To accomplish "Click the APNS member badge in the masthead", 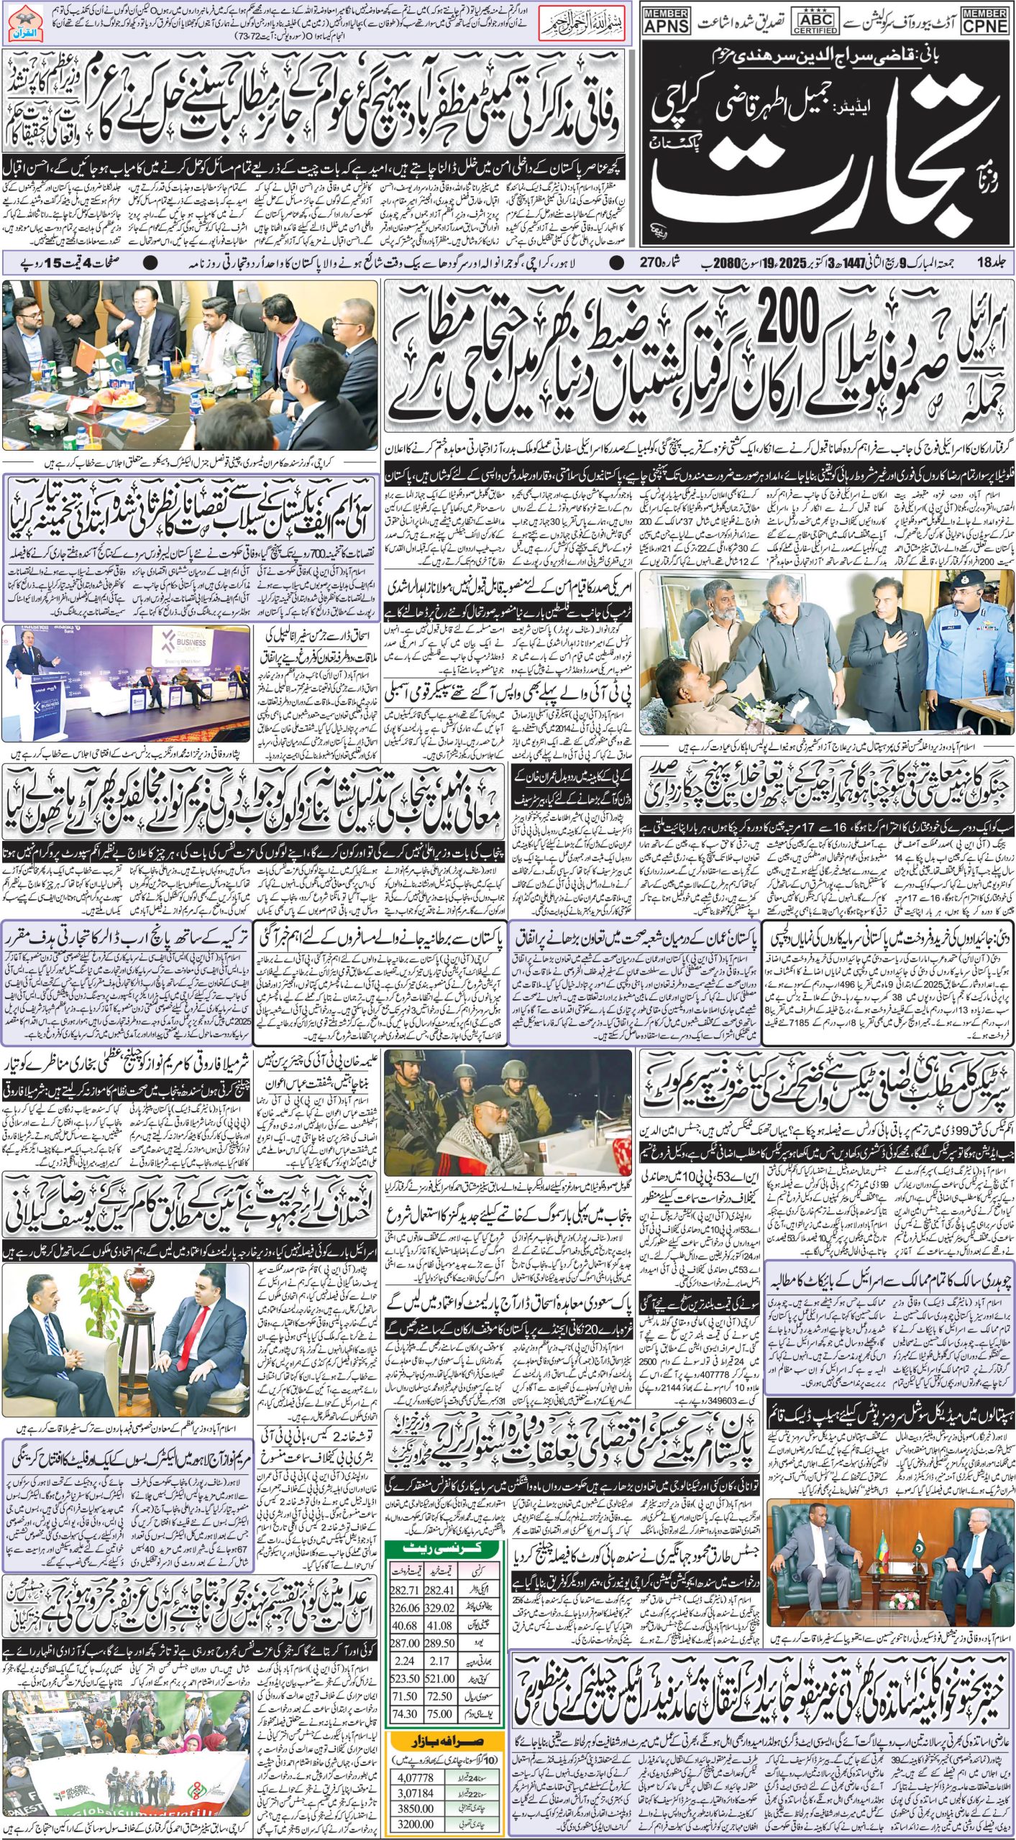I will coord(665,22).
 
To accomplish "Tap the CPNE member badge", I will coord(987,22).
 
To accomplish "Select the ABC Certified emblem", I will coord(814,22).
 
